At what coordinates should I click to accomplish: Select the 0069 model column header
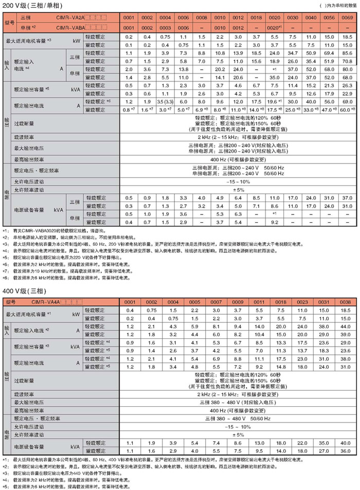pyautogui.click(x=347, y=17)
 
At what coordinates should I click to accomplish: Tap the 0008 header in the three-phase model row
pyautogui.click(x=202, y=17)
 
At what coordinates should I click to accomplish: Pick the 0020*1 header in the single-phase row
pyautogui.click(x=274, y=27)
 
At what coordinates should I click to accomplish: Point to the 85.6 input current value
pyautogui.click(x=347, y=53)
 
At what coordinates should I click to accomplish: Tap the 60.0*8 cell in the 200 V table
pyautogui.click(x=347, y=110)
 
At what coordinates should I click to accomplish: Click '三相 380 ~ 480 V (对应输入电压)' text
pyautogui.click(x=237, y=404)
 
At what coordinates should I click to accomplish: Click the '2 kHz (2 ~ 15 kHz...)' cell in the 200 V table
pyautogui.click(x=237, y=138)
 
